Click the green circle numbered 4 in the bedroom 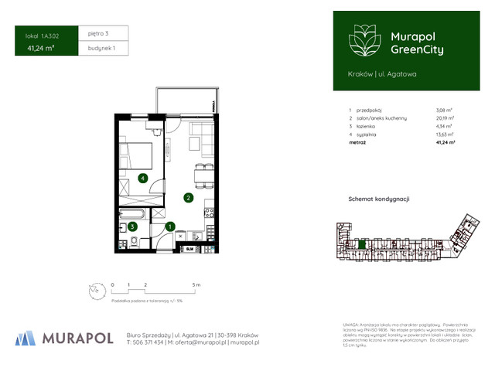point(142,179)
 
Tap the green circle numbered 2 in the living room point(188,198)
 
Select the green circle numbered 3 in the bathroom point(132,226)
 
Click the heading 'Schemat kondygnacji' point(379,199)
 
